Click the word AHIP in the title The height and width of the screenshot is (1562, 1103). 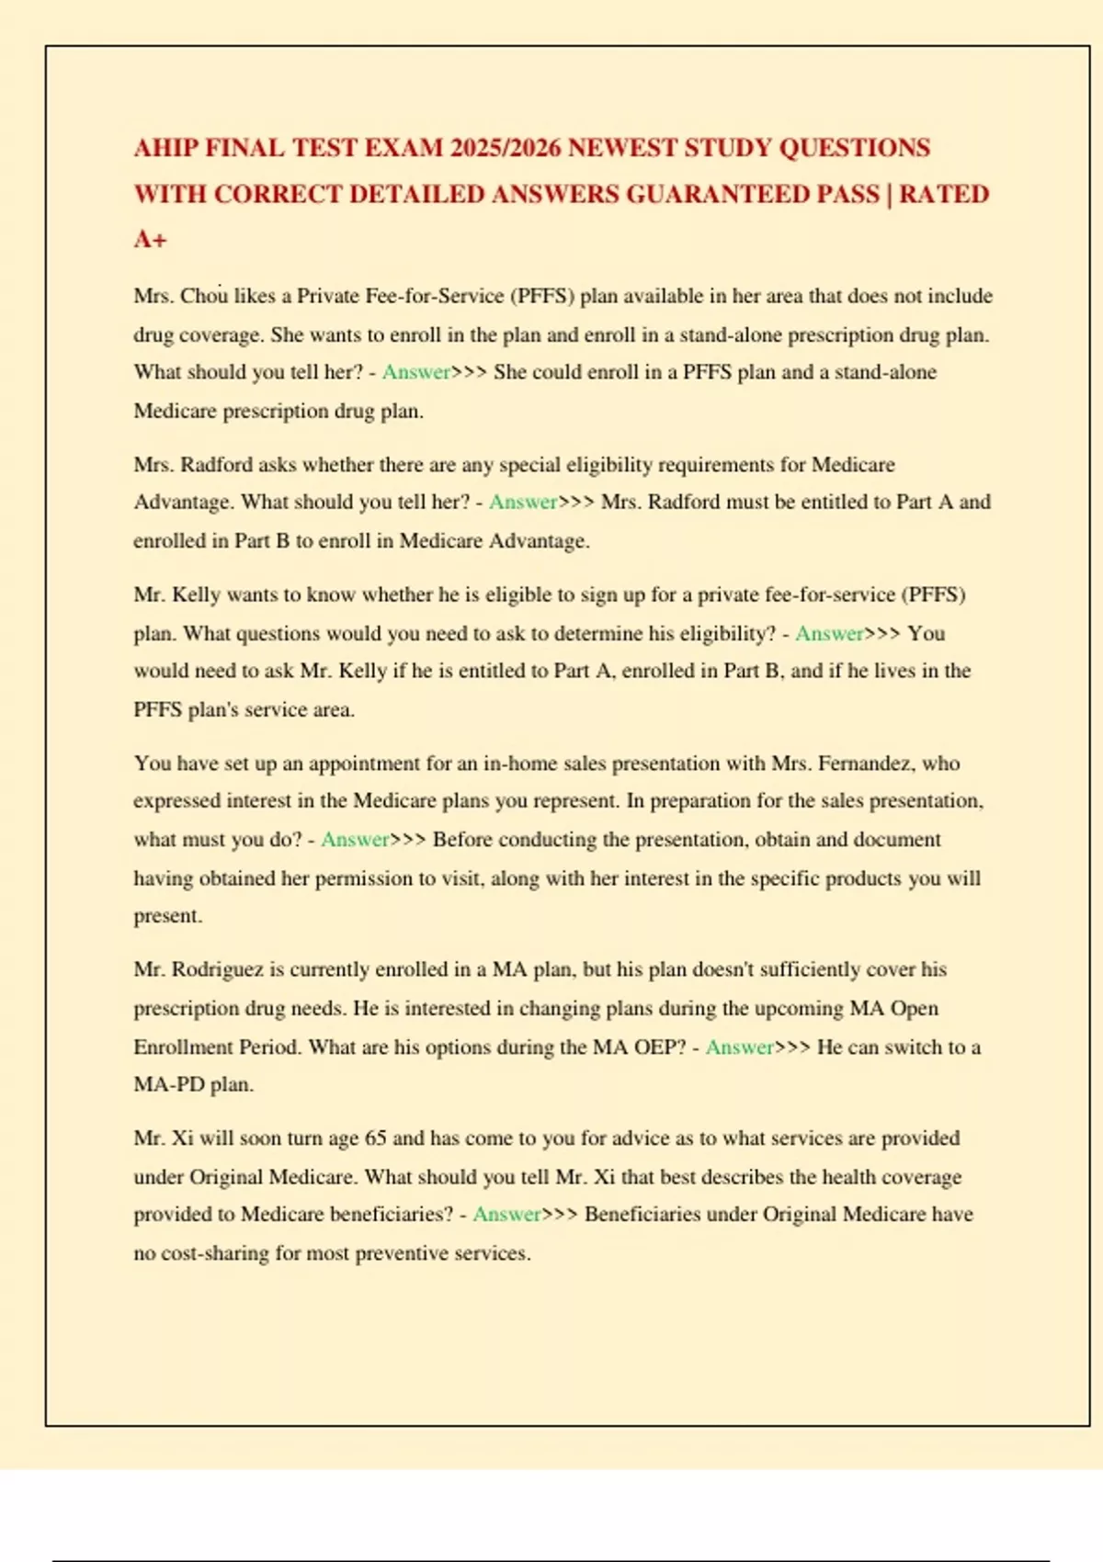[x=165, y=148]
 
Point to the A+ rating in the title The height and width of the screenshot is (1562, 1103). [x=151, y=240]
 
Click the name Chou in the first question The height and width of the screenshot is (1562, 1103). [x=203, y=296]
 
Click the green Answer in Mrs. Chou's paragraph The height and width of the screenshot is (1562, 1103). [x=416, y=372]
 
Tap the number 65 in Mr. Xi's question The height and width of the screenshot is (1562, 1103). [x=375, y=1138]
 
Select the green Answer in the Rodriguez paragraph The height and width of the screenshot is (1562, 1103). [x=739, y=1047]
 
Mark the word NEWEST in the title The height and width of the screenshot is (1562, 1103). [x=624, y=148]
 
